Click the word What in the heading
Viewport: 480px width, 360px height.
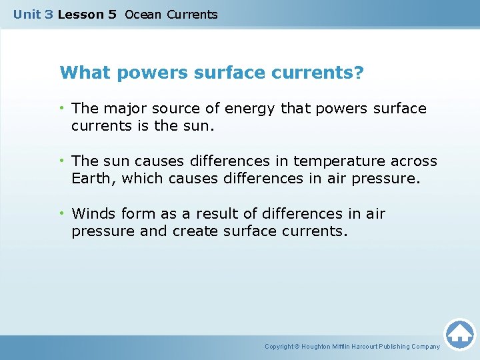[82, 73]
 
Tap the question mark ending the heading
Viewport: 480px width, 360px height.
[359, 73]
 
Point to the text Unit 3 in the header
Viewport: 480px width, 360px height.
[33, 15]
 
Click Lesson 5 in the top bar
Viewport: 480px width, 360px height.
[87, 15]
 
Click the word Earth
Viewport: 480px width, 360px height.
[91, 179]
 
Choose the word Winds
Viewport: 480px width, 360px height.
[93, 214]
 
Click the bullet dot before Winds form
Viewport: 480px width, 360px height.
[63, 214]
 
